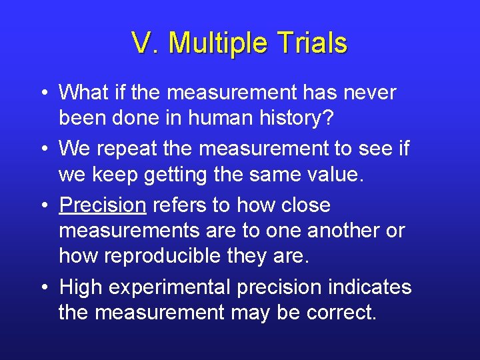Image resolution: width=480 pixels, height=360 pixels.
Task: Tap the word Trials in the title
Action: click(x=313, y=43)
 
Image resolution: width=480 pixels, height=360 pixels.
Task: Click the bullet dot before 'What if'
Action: click(x=43, y=93)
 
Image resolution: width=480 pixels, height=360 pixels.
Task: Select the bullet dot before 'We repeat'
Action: click(x=43, y=150)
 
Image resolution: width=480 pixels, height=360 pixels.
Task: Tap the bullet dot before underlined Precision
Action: click(x=43, y=206)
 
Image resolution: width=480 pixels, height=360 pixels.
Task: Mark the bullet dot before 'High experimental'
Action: click(x=43, y=288)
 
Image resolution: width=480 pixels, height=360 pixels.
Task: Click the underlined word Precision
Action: click(x=102, y=205)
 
